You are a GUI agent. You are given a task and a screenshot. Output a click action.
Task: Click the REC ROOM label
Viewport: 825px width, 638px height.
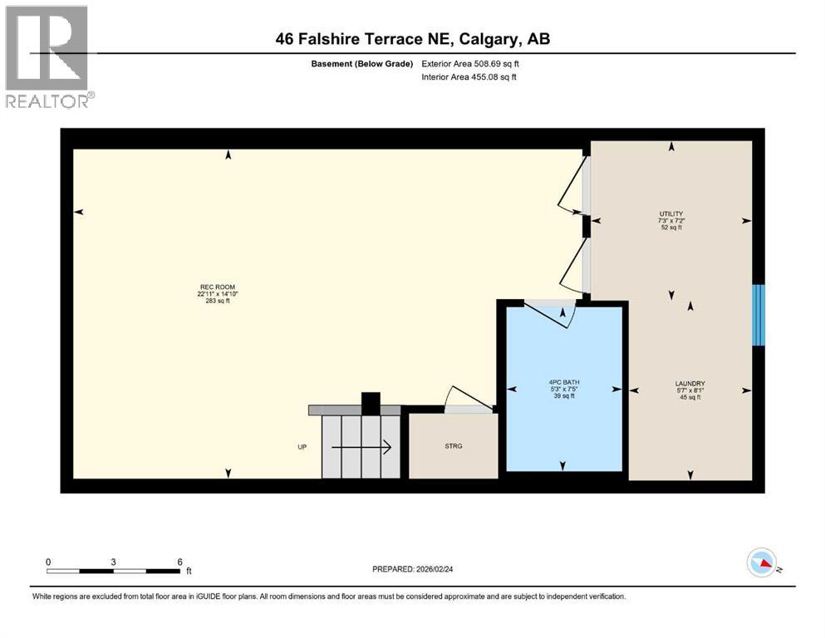click(x=211, y=287)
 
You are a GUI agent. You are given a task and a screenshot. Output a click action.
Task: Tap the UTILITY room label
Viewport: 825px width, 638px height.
click(x=670, y=213)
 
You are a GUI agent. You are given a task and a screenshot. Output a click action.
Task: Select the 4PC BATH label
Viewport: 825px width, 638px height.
click(x=564, y=382)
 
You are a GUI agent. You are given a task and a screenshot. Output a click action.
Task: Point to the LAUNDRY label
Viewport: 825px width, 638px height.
click(x=690, y=384)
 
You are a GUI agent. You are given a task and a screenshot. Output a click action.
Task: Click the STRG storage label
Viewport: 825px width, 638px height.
click(x=453, y=446)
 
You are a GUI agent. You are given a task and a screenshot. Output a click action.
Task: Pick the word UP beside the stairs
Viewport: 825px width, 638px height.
click(x=302, y=447)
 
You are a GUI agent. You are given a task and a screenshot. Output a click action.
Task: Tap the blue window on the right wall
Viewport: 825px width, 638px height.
click(x=758, y=315)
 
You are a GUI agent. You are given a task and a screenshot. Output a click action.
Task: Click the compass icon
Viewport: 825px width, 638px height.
click(x=762, y=563)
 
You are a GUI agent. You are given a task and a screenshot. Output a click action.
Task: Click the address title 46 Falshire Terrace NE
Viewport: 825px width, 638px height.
click(x=412, y=39)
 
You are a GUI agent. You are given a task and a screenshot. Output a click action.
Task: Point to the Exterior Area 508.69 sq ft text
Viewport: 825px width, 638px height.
click(x=474, y=63)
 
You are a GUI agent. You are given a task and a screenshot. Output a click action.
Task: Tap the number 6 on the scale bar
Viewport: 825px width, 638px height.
click(x=179, y=561)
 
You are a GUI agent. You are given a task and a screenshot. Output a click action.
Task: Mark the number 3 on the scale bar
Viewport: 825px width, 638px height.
click(x=113, y=561)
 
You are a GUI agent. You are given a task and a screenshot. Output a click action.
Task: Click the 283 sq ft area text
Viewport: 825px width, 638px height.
click(x=211, y=301)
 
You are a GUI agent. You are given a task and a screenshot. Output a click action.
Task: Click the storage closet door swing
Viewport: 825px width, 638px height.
click(x=462, y=398)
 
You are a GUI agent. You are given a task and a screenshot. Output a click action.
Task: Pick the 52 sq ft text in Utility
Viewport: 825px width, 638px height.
click(x=670, y=228)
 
